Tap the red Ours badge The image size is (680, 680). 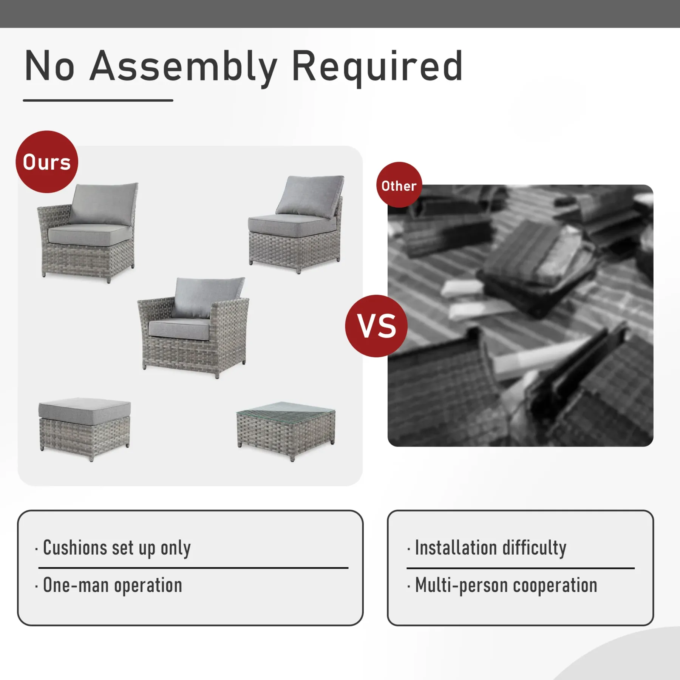point(47,162)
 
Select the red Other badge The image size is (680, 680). point(399,185)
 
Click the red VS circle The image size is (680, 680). point(376,326)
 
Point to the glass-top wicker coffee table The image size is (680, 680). point(286,430)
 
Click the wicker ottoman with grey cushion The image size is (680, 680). point(85,429)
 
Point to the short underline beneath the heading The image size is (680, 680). point(98,100)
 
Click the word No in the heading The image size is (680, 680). point(49,66)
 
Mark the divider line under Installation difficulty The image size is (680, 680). point(521,568)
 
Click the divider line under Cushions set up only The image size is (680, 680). point(193,568)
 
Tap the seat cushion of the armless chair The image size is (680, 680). point(292,225)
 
